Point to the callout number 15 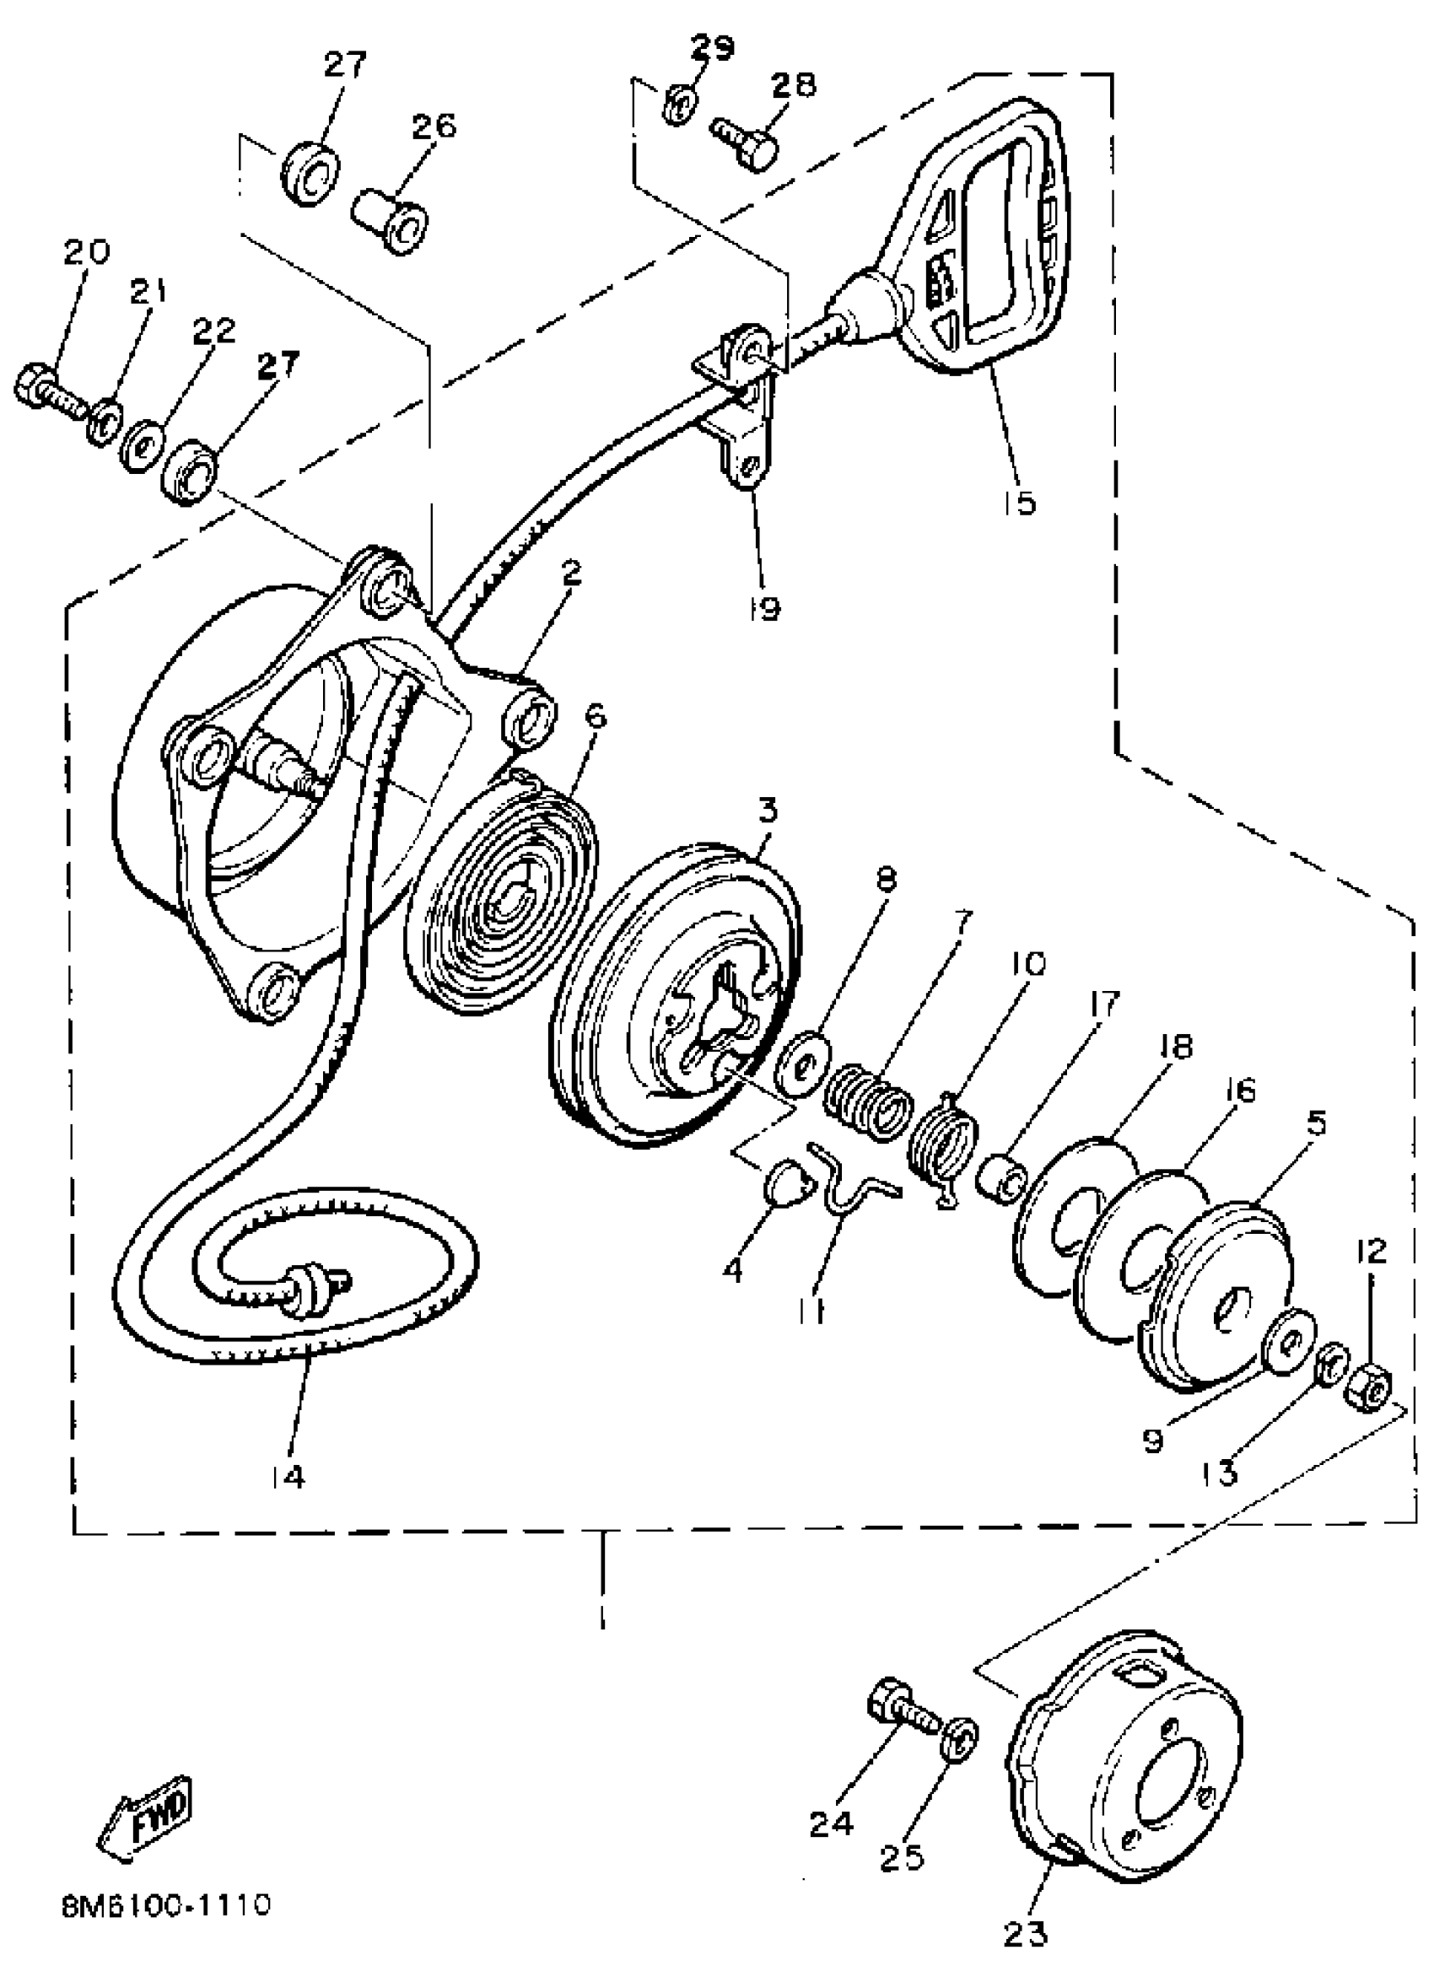pyautogui.click(x=1019, y=502)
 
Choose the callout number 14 pyautogui.click(x=288, y=1475)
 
